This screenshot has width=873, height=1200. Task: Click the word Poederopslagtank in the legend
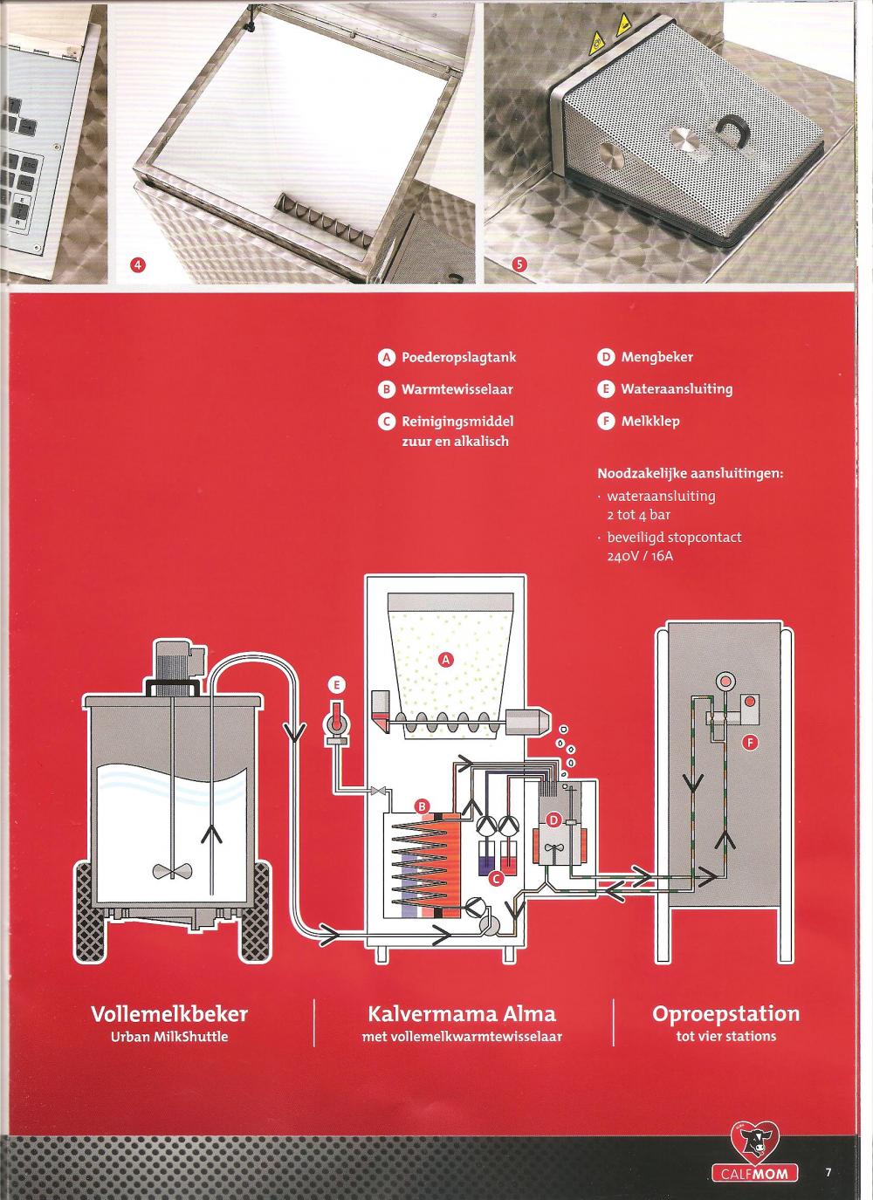[x=458, y=357]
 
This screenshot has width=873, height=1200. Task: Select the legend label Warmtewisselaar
[x=457, y=389]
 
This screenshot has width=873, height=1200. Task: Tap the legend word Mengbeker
[x=657, y=357]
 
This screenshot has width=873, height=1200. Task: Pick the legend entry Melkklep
[x=650, y=421]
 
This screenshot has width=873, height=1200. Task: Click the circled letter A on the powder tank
[x=446, y=660]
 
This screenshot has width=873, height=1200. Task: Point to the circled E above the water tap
[x=337, y=684]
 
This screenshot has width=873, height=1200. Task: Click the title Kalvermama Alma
[x=462, y=1014]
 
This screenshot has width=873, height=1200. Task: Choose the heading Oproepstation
[x=726, y=1014]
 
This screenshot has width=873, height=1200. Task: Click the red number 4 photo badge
[x=138, y=264]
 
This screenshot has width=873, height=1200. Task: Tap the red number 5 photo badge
[x=519, y=264]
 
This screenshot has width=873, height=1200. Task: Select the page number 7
[x=828, y=1172]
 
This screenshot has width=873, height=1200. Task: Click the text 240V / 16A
[x=640, y=556]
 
